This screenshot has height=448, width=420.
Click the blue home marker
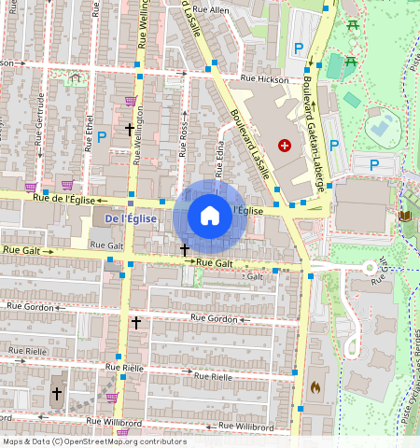(210, 217)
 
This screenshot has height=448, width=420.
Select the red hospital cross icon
(285, 145)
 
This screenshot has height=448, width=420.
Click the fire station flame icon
(315, 385)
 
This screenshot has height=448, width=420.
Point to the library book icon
(405, 217)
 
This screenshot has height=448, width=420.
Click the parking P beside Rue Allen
(299, 48)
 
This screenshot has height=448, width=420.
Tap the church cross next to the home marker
(185, 250)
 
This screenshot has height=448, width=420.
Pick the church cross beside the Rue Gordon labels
(135, 323)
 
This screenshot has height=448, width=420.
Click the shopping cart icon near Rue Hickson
(131, 101)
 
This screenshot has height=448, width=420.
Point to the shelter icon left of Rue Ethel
(75, 79)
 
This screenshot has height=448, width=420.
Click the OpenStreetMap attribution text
(94, 441)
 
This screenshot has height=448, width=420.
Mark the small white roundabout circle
(370, 267)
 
